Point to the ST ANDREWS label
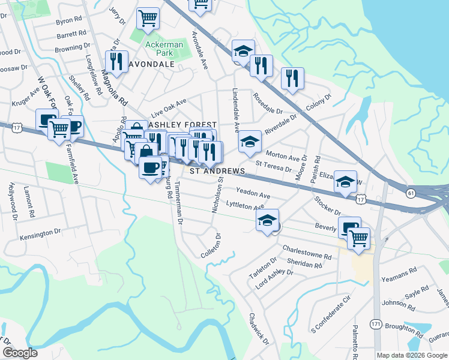click(218, 171)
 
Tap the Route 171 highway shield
click(376, 324)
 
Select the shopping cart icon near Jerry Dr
click(148, 17)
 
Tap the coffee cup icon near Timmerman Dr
click(150, 166)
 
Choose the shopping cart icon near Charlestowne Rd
click(358, 237)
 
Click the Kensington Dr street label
click(41, 230)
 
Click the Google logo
click(20, 353)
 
